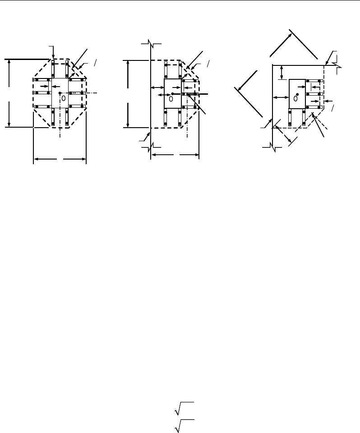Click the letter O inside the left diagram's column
pyautogui.click(x=64, y=98)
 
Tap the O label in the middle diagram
pyautogui.click(x=171, y=98)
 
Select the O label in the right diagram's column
pyautogui.click(x=295, y=98)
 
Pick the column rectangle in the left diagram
pyautogui.click(x=60, y=93)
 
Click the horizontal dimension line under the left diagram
pyautogui.click(x=60, y=159)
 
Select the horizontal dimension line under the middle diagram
pyautogui.click(x=175, y=154)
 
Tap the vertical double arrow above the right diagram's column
pyautogui.click(x=282, y=72)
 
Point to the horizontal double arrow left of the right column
pyautogui.click(x=280, y=97)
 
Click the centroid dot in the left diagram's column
pyautogui.click(x=60, y=93)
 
